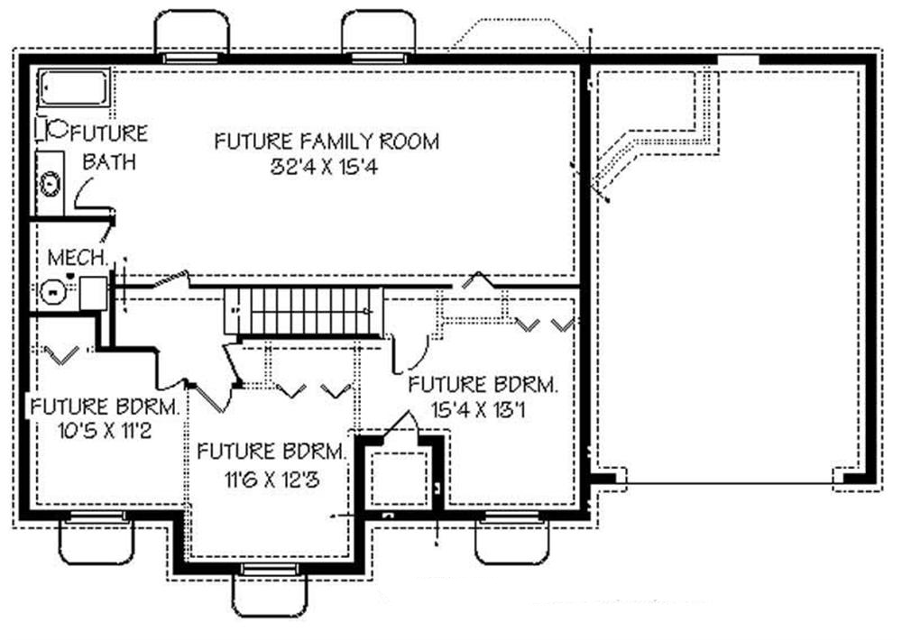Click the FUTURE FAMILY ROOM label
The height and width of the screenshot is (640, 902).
pyautogui.click(x=327, y=142)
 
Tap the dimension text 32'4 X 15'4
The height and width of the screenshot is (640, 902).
pyautogui.click(x=327, y=167)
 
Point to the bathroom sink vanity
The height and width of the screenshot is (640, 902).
pyautogui.click(x=51, y=184)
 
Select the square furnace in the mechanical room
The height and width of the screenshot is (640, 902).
pyautogui.click(x=93, y=294)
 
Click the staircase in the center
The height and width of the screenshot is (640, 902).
pyautogui.click(x=304, y=311)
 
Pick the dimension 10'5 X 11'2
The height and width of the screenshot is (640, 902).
pyautogui.click(x=88, y=430)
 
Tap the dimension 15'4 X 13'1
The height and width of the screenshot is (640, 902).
pyautogui.click(x=480, y=408)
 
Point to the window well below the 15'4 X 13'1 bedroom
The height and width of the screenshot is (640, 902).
pyautogui.click(x=512, y=541)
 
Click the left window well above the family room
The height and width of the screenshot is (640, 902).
pyautogui.click(x=192, y=34)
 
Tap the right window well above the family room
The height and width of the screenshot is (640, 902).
pyautogui.click(x=378, y=34)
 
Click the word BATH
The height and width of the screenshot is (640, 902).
pyautogui.click(x=110, y=162)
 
